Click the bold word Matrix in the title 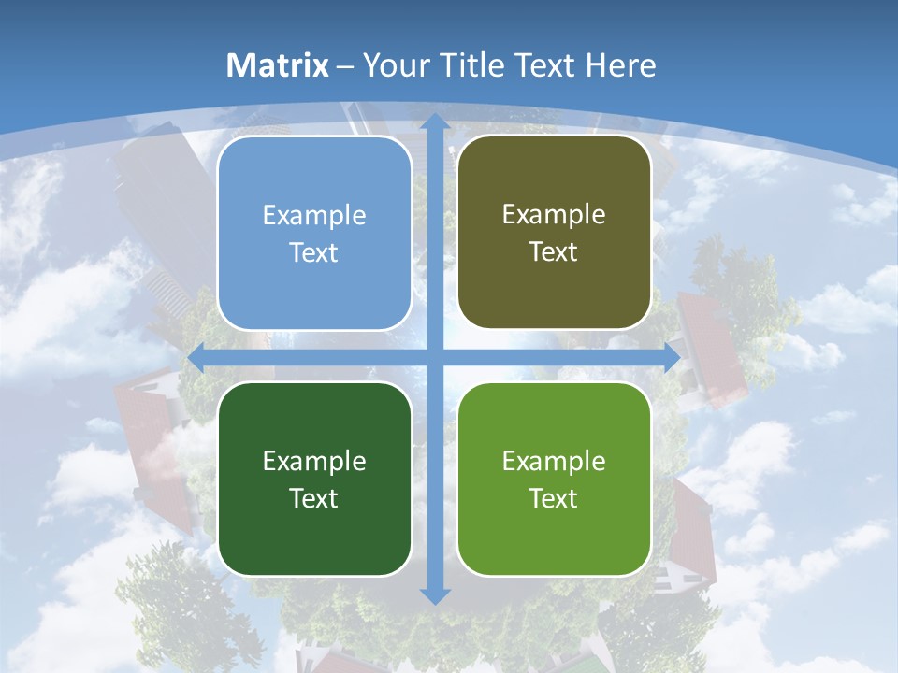[278, 65]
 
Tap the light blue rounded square [314, 234]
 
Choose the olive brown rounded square [554, 233]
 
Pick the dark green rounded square [314, 479]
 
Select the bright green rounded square [554, 479]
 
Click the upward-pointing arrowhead [435, 122]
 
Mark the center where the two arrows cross [435, 357]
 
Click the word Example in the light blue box [314, 216]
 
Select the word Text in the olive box [554, 252]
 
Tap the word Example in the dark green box [314, 461]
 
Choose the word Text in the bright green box [554, 498]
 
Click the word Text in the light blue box [314, 253]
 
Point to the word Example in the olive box [554, 215]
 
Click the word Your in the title [394, 65]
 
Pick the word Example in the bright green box [554, 461]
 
